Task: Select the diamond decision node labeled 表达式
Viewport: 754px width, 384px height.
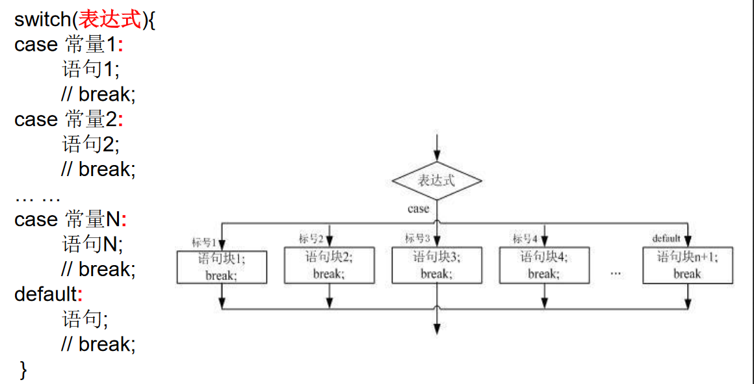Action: (437, 181)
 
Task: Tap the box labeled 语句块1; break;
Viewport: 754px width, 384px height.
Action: (222, 267)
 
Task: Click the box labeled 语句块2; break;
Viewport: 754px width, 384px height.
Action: (330, 265)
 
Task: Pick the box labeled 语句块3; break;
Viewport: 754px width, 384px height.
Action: (437, 265)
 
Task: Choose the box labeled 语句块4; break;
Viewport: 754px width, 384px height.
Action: (544, 265)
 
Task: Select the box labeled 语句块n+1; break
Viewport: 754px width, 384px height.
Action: (688, 265)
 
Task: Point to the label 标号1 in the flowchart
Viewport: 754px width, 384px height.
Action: (203, 242)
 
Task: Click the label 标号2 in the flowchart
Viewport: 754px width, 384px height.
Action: (311, 238)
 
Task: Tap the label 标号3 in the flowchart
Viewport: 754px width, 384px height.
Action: (417, 238)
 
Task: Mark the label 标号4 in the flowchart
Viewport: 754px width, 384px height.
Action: (525, 238)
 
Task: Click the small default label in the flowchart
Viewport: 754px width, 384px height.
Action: (666, 238)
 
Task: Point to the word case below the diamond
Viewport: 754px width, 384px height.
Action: (418, 209)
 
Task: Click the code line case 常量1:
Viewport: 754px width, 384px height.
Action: (68, 44)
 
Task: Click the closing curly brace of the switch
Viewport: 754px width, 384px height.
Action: (23, 370)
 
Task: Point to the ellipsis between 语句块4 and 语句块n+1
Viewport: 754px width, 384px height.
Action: (616, 274)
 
